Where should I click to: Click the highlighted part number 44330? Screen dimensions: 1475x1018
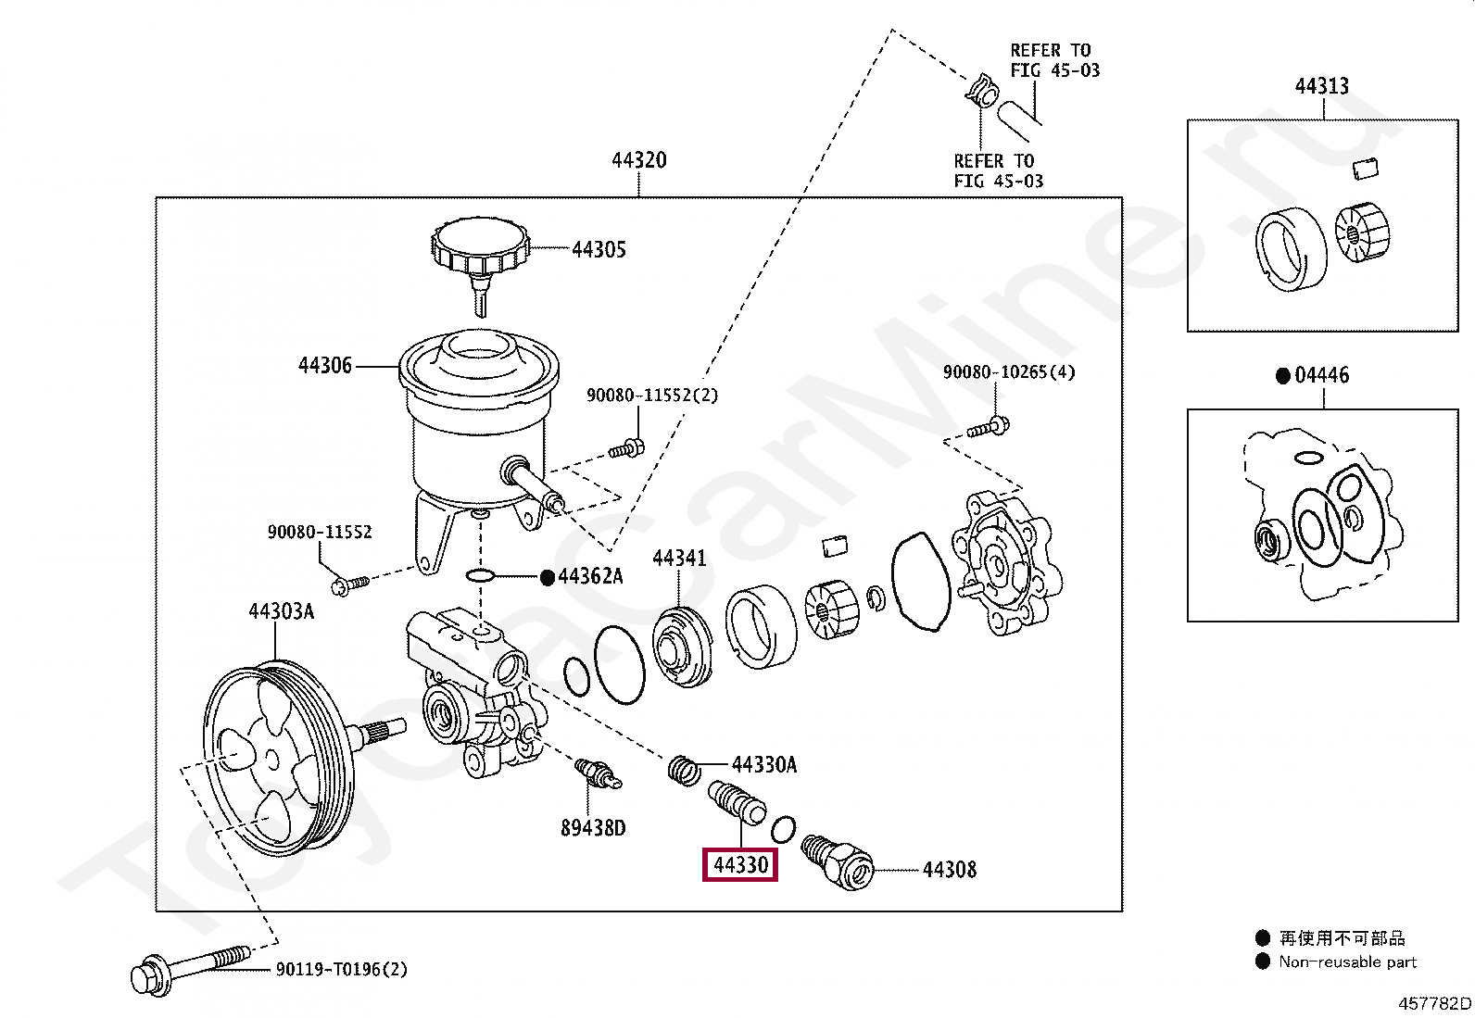pos(741,864)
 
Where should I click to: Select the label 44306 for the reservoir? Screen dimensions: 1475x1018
pos(325,366)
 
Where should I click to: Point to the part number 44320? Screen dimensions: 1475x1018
pos(639,160)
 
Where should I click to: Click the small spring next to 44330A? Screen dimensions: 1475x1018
pos(685,770)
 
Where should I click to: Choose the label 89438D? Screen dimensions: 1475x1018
pos(593,828)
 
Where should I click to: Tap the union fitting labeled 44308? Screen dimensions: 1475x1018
pos(837,861)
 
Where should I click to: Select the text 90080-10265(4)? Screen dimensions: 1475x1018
pos(1009,372)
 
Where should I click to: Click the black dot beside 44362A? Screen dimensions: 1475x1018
pos(548,577)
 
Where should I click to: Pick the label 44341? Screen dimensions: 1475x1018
pos(679,559)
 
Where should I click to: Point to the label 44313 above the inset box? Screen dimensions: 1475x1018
pos(1322,86)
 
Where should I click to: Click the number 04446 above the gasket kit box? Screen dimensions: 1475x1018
pos(1322,375)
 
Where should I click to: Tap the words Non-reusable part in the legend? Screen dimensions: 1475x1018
pos(1347,962)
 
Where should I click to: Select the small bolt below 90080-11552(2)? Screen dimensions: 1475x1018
pos(626,449)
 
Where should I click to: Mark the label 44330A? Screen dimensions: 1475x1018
pos(764,764)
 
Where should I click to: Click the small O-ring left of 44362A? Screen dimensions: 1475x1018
pos(480,576)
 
